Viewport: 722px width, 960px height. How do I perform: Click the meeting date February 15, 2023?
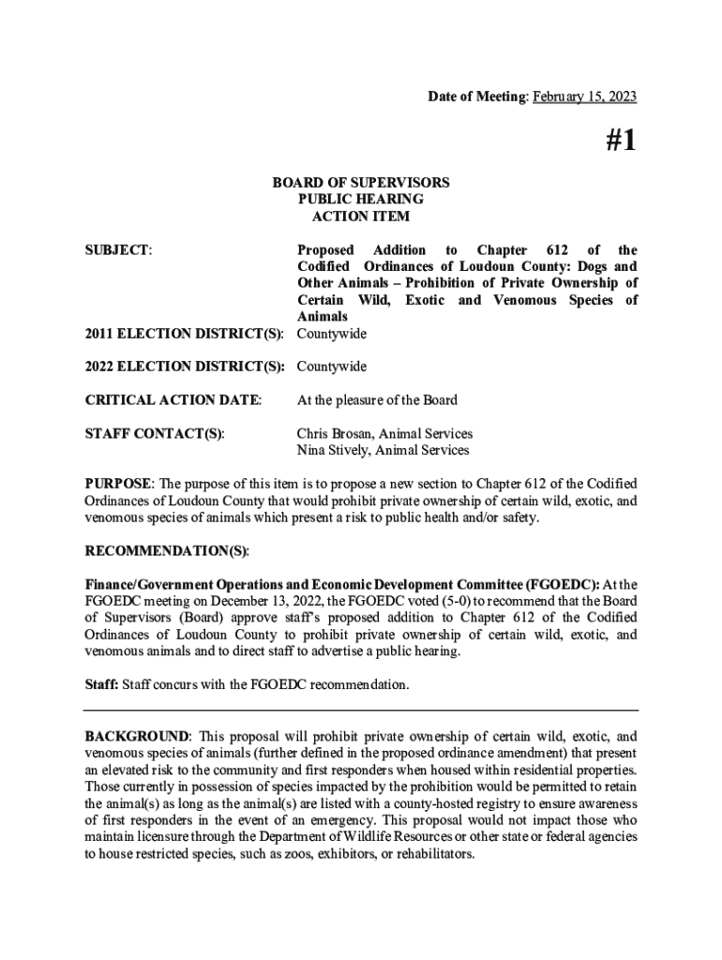585,97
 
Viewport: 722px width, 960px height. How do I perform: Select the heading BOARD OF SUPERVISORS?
361,183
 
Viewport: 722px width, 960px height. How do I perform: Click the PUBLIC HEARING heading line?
361,200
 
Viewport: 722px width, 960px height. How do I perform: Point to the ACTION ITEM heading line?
361,217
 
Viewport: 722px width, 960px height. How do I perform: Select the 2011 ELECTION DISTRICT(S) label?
185,334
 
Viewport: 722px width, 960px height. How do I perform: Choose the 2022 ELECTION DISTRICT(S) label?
185,367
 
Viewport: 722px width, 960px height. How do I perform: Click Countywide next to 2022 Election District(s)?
332,367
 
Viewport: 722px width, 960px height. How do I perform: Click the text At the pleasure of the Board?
377,400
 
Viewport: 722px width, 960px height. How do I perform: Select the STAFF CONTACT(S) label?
155,434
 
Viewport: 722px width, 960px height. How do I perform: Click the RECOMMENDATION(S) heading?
167,550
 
